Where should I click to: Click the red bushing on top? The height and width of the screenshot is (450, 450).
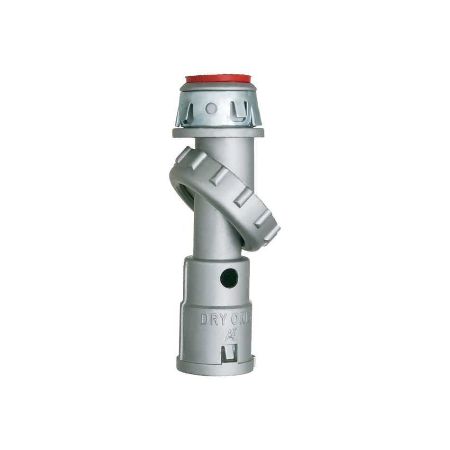click(218, 78)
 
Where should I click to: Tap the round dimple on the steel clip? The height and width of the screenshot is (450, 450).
click(211, 108)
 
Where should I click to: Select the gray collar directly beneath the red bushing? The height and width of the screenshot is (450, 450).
click(218, 88)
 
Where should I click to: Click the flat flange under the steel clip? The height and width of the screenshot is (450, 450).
click(218, 133)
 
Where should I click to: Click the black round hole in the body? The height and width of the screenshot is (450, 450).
click(229, 278)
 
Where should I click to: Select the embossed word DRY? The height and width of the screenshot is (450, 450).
click(213, 319)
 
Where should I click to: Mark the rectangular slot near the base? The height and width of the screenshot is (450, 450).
click(229, 353)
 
